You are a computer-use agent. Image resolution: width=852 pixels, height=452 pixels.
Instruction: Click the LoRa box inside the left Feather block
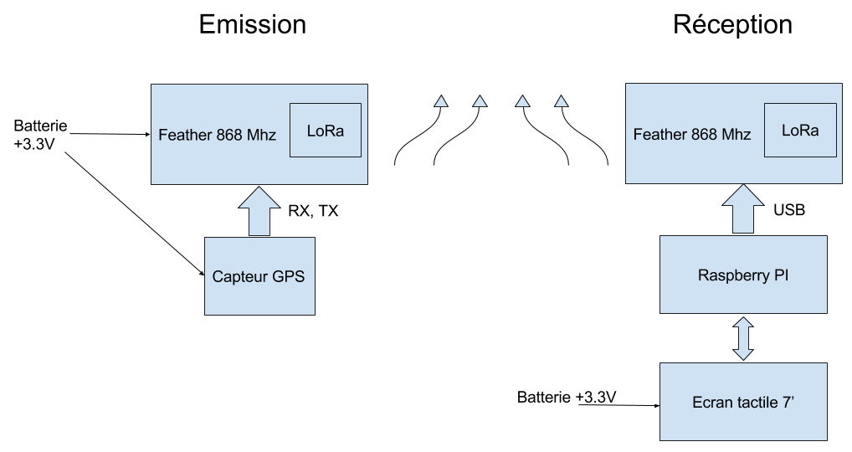pos(326,130)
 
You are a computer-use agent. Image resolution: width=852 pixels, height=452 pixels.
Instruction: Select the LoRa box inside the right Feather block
pos(800,130)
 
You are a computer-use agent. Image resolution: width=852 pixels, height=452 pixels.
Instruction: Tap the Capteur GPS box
pos(259,276)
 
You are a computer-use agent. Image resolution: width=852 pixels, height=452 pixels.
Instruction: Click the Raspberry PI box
pos(743,275)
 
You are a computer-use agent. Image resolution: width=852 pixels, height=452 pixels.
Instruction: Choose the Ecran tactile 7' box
pos(743,402)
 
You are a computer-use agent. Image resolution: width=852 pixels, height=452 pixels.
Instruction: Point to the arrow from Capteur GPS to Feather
pos(259,211)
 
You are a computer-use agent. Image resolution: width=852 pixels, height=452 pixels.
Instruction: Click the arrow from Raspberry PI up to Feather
pos(743,209)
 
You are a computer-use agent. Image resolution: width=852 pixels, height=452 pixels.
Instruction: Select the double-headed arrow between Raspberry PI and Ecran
pos(743,338)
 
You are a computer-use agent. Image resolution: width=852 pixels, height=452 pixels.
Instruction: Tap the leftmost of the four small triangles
pos(440,102)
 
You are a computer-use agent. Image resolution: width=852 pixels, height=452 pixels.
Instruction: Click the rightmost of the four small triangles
pos(562,102)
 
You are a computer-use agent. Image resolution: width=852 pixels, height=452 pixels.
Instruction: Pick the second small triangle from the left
pos(480,102)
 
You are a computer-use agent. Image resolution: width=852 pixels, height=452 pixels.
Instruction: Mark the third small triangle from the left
pos(522,102)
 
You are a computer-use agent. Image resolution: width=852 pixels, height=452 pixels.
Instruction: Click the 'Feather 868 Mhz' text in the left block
pos(217,135)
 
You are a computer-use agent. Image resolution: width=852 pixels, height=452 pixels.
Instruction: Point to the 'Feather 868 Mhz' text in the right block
pos(692,135)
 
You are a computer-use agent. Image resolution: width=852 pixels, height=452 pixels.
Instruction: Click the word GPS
pos(288,277)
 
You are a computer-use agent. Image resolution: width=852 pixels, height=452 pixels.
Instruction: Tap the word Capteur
pos(240,277)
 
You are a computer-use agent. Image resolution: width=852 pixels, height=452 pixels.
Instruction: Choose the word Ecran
pos(711,403)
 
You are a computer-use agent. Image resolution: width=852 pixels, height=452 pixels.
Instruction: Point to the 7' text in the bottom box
pos(787,403)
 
